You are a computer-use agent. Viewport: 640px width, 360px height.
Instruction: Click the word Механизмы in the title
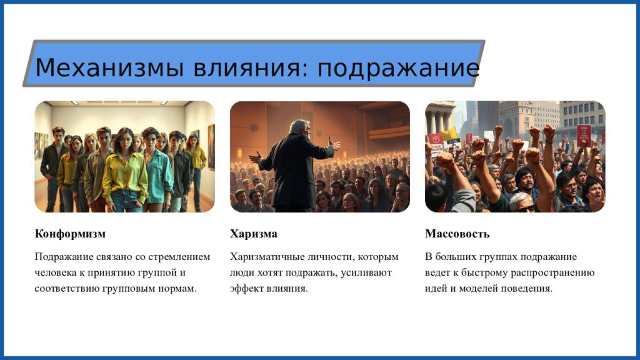109,67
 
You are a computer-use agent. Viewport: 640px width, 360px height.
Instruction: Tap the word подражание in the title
398,68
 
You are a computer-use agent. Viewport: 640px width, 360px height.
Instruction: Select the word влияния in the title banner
250,67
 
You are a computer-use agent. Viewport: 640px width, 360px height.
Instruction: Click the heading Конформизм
70,234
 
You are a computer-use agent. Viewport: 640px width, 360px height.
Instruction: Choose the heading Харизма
254,234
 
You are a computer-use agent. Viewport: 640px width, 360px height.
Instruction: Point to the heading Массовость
457,234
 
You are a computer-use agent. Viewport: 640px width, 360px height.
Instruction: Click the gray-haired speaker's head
299,127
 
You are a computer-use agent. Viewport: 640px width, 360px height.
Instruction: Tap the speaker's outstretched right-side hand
335,144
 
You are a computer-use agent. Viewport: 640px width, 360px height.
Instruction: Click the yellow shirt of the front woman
124,174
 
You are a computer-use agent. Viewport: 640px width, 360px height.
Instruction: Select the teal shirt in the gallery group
158,176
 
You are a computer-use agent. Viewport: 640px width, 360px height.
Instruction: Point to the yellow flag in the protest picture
450,134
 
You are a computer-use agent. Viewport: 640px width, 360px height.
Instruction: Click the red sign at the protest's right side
584,136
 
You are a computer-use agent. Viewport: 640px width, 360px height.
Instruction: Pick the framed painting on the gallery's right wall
211,147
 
